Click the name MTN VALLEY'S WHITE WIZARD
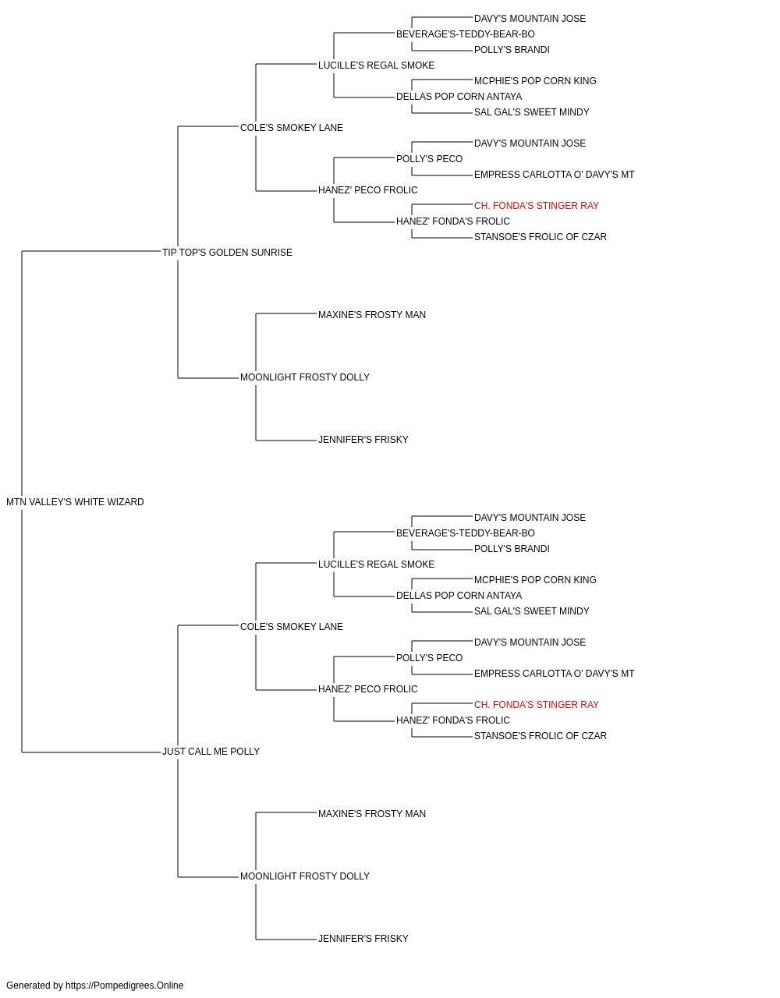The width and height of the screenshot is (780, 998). pos(75,502)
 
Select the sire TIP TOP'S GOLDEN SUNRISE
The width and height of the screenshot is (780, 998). pos(227,253)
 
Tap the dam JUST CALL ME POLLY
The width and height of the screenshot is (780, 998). pos(211,752)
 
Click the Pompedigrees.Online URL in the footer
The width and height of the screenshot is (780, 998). pos(125,986)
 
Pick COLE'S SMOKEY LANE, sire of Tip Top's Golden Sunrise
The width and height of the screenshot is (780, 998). pos(292,128)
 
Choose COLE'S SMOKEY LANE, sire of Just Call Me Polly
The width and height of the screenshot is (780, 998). pos(292,626)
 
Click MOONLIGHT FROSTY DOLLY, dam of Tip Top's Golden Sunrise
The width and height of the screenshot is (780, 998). pos(304,377)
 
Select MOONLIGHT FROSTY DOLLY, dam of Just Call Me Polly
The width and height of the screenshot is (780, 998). pos(304,876)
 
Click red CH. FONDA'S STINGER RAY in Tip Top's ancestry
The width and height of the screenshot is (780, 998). pos(537,206)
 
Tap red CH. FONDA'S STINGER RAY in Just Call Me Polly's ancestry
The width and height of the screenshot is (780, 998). pos(537,705)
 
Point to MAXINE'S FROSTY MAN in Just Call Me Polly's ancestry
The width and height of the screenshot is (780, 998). pos(372,814)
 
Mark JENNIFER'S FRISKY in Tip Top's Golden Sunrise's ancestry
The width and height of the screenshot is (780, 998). pos(363,440)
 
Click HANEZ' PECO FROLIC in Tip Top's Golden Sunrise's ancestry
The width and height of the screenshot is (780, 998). pos(368,190)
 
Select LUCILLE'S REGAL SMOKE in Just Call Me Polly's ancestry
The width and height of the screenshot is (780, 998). pos(376,564)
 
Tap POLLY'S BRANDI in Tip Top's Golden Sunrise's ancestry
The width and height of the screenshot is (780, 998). pos(512,50)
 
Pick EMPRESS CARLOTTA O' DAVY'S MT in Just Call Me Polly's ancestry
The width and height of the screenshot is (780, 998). pos(554,674)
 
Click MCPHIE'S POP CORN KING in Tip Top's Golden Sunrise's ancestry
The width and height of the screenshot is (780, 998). pos(535,81)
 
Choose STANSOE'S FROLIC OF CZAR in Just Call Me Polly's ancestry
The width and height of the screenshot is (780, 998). pos(541,736)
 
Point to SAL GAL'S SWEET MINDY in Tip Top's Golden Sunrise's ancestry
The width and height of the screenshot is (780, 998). pos(531,112)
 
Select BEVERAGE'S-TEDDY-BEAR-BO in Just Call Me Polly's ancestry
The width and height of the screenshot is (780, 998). pos(466,533)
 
